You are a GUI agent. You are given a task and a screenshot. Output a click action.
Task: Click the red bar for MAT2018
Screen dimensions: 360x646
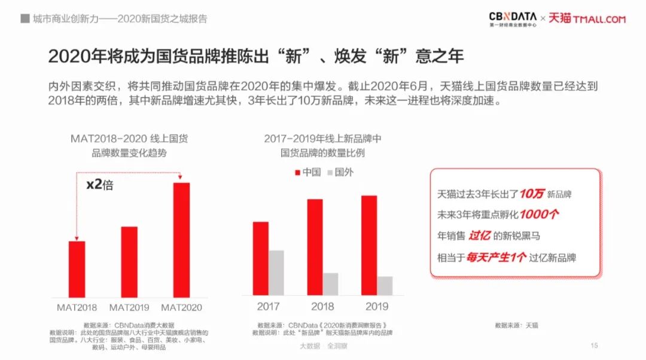(x=77, y=269)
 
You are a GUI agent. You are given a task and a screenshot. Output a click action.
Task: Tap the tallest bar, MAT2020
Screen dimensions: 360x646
(x=181, y=239)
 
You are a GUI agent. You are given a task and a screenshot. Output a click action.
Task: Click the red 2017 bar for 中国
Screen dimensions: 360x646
(x=261, y=258)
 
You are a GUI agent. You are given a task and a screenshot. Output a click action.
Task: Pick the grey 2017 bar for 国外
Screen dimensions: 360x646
(x=276, y=272)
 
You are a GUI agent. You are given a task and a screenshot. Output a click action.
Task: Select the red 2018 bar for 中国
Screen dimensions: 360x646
(x=315, y=247)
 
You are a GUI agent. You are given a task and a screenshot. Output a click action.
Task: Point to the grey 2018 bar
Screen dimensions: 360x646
(x=330, y=283)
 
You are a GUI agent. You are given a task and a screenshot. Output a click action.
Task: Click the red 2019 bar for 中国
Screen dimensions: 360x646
(x=369, y=245)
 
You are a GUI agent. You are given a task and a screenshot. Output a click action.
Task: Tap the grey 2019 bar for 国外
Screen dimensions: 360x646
(x=385, y=285)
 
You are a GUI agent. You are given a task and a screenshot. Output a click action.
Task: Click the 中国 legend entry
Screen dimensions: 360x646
(x=307, y=172)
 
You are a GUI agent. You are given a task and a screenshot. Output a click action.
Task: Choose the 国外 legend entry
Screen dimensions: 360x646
(x=340, y=172)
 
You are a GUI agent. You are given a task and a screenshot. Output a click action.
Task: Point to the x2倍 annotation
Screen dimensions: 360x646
(x=99, y=185)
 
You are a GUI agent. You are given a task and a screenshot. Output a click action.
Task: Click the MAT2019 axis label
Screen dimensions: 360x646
(x=129, y=307)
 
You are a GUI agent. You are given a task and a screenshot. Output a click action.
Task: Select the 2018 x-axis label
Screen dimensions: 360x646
(x=322, y=307)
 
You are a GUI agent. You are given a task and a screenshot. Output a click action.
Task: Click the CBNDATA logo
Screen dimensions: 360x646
(x=513, y=19)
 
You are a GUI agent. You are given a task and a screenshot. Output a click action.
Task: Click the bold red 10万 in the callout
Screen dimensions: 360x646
(x=532, y=194)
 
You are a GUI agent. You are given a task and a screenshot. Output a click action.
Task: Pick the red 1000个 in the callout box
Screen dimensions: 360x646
(x=539, y=214)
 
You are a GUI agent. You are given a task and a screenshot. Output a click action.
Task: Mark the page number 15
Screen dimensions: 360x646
(x=594, y=345)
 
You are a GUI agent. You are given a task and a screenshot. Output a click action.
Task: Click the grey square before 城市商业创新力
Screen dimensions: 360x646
(x=25, y=19)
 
